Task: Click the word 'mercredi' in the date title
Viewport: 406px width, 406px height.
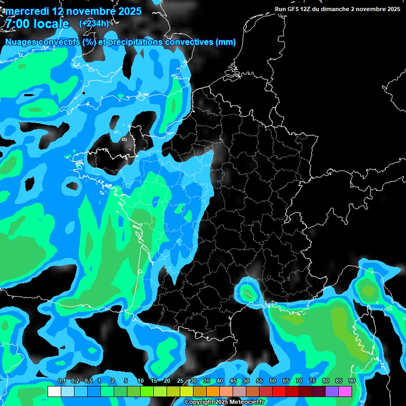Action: [x=26, y=11]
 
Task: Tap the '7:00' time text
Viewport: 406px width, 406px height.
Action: [x=17, y=24]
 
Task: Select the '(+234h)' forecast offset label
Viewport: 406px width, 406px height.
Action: [x=94, y=23]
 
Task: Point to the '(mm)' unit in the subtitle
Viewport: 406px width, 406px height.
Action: [x=226, y=42]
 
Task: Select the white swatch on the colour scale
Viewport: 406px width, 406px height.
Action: [x=54, y=391]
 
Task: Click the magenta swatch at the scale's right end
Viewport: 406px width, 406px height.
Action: [x=345, y=391]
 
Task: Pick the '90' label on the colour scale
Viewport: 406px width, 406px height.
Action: [x=352, y=381]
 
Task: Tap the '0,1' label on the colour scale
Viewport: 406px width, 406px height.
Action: [x=61, y=381]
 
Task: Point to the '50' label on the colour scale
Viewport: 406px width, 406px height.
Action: [x=246, y=381]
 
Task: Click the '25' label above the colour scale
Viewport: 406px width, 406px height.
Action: [x=180, y=381]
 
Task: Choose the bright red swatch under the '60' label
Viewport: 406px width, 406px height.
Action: [x=279, y=391]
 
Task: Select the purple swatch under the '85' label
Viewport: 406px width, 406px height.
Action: [x=332, y=391]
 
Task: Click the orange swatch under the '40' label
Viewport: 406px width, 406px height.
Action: [x=213, y=391]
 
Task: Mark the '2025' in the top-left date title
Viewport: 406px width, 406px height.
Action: [x=126, y=11]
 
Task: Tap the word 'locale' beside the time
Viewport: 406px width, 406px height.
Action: [x=51, y=24]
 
